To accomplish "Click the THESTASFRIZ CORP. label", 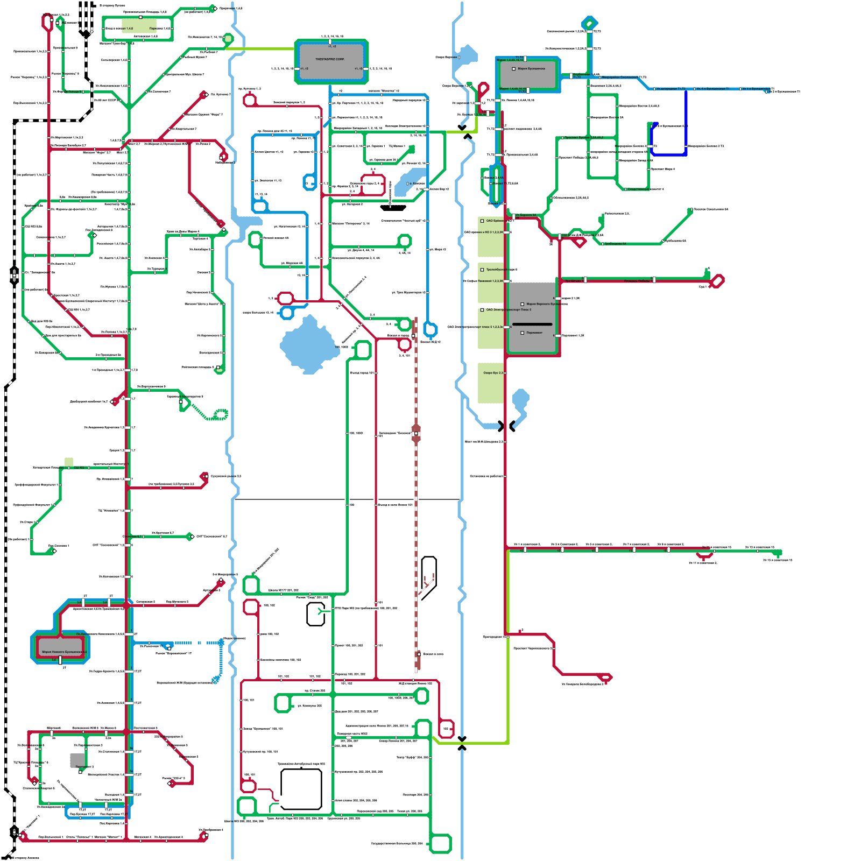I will coord(330,59).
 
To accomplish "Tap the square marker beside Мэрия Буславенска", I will coord(514,69).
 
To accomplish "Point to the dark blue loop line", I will coord(686,124).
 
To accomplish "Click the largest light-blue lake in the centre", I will coord(307,345).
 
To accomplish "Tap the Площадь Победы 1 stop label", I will coord(638,281).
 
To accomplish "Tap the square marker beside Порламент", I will coord(522,333).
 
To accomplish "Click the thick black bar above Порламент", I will coord(532,324).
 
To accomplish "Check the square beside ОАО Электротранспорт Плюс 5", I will coord(482,310).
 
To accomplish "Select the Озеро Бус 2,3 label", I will coord(493,373).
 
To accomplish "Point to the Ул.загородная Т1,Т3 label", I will coord(671,89).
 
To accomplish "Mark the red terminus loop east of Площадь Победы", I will coord(717,281).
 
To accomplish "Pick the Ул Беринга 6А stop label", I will coord(526,215).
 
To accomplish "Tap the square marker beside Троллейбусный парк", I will coord(482,270).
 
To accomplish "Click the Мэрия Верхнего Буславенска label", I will coord(545,304).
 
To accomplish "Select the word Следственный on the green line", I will coord(638,189).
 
